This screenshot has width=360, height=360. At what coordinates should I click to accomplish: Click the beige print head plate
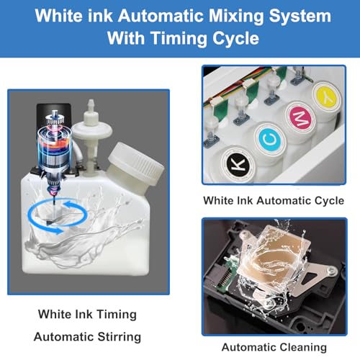point(274,267)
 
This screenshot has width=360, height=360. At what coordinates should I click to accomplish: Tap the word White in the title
point(64,15)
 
